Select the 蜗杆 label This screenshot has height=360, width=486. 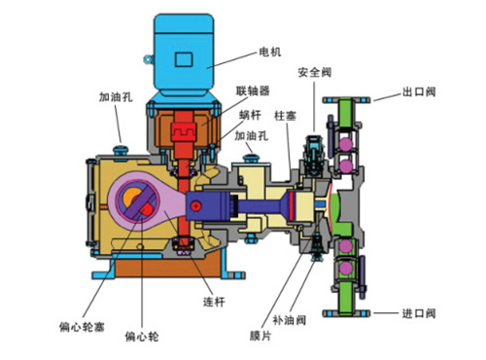(251, 115)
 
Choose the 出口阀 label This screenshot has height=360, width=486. (419, 94)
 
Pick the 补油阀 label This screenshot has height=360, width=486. (296, 316)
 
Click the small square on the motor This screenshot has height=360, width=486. (183, 59)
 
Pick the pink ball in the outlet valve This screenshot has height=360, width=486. (346, 143)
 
